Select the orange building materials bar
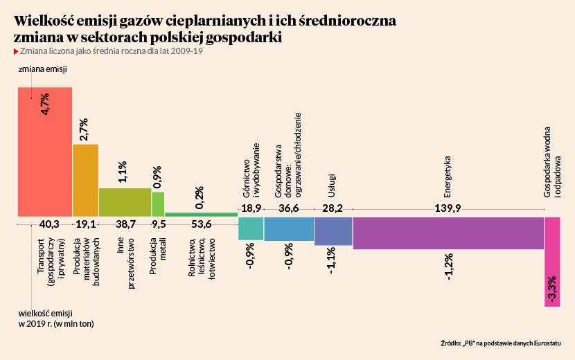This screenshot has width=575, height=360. click(86, 180)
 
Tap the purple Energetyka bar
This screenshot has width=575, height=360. click(448, 233)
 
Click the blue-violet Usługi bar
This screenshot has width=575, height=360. click(333, 231)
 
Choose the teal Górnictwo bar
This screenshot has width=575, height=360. click(251, 228)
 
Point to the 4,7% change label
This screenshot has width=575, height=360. click(45, 103)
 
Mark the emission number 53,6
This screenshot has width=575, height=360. click(201, 224)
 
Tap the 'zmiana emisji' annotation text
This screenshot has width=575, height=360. click(42, 71)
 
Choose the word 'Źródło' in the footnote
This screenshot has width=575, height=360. click(451, 343)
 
